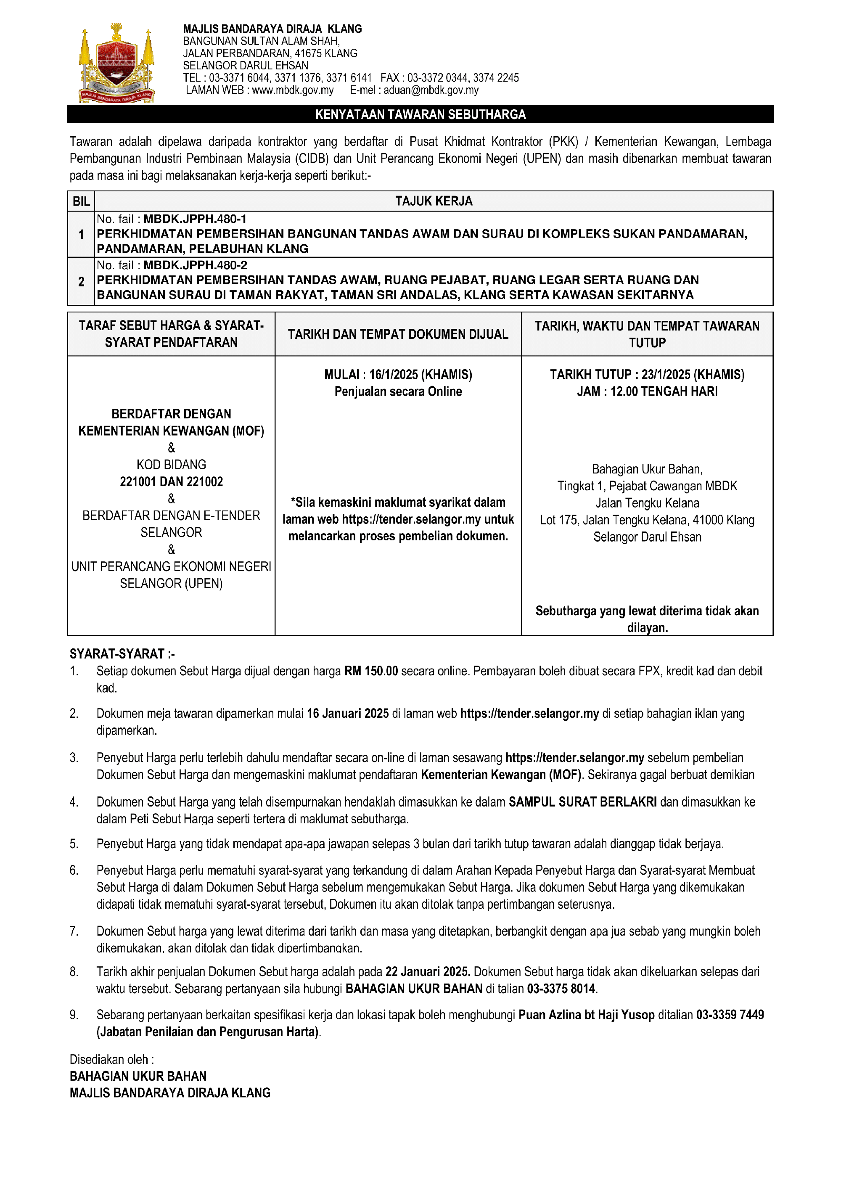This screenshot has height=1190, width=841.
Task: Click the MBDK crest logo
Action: click(x=116, y=63)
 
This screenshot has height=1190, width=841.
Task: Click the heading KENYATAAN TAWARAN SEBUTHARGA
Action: click(x=420, y=114)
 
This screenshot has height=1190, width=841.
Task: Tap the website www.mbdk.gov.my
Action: click(x=293, y=90)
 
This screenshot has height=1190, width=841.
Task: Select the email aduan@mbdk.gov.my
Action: click(x=431, y=90)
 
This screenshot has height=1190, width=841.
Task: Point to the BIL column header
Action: click(x=81, y=201)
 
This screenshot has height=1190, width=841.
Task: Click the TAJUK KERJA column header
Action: click(x=434, y=201)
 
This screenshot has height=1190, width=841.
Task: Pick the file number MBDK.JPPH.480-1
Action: click(x=195, y=219)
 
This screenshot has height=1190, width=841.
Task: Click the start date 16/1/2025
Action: click(x=393, y=374)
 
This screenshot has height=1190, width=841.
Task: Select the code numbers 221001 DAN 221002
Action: click(x=171, y=481)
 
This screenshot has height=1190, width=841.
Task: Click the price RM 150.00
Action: click(x=371, y=671)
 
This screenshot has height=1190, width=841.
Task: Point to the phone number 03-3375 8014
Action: click(x=561, y=989)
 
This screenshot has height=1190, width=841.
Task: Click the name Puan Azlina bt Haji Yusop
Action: click(x=587, y=1015)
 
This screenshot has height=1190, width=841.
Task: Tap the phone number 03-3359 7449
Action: click(x=730, y=1015)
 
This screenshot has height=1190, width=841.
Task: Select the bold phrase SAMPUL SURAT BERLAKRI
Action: click(x=582, y=802)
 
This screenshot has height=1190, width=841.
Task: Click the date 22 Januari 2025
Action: click(x=427, y=971)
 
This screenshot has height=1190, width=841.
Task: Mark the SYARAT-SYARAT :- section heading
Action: click(x=122, y=653)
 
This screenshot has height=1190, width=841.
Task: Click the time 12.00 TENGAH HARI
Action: click(x=664, y=391)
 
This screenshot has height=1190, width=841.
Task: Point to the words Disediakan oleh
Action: click(x=111, y=1059)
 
